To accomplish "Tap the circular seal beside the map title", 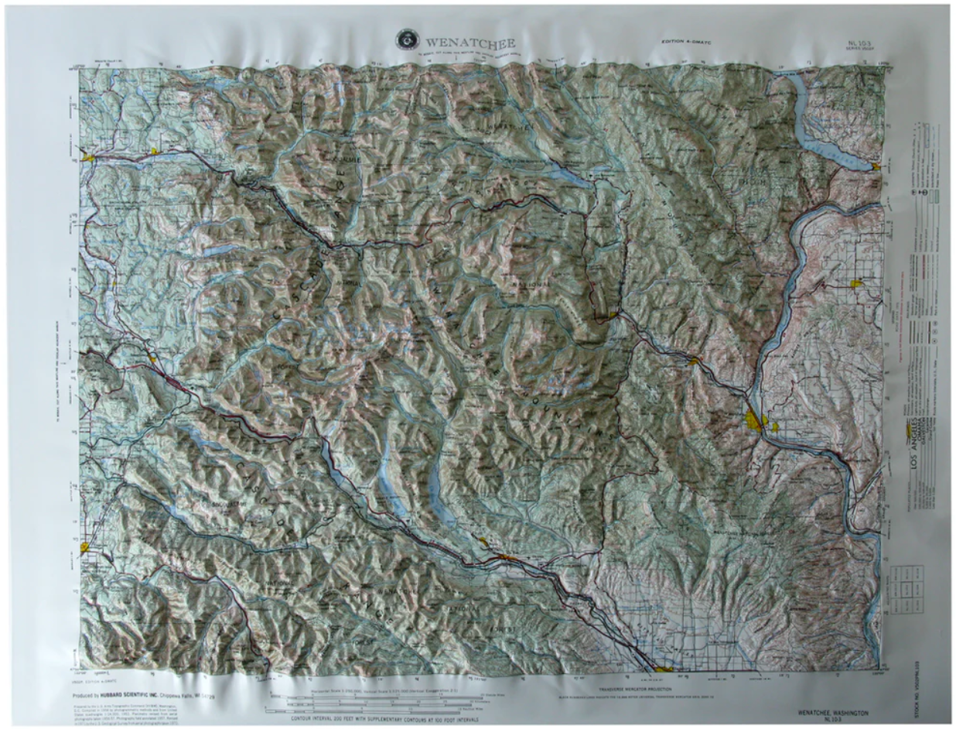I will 405,37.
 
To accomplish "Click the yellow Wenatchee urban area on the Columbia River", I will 754,422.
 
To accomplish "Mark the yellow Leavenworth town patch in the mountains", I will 613,314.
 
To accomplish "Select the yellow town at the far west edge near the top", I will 89,158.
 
